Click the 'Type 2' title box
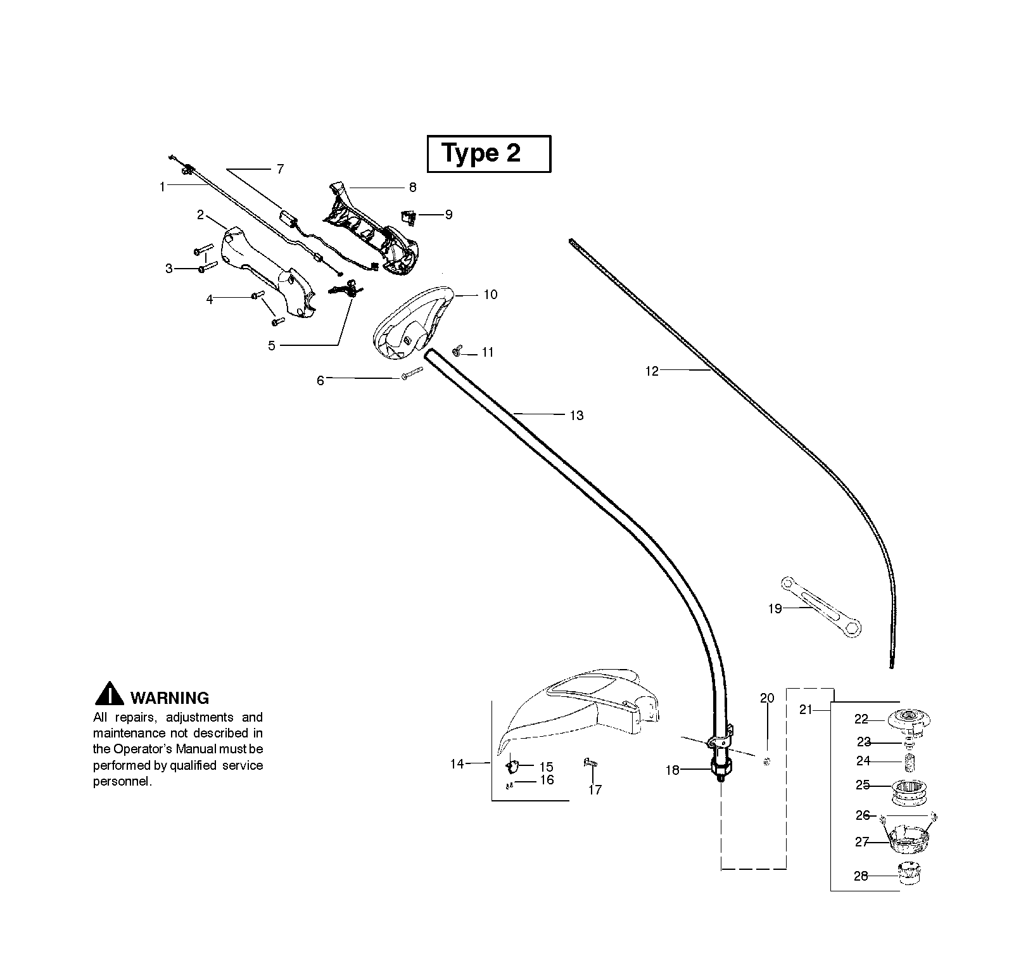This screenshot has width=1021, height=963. [x=489, y=153]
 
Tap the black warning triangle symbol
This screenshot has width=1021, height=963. [x=110, y=694]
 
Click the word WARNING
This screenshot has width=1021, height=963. [x=169, y=698]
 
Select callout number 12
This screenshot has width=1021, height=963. [x=652, y=371]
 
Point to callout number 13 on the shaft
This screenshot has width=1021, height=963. [x=576, y=416]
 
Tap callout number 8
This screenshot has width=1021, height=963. [x=412, y=188]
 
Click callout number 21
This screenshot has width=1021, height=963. [x=805, y=710]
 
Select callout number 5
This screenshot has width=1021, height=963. [x=272, y=346]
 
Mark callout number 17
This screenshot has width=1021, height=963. [x=595, y=790]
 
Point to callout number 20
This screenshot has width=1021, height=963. [x=767, y=699]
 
